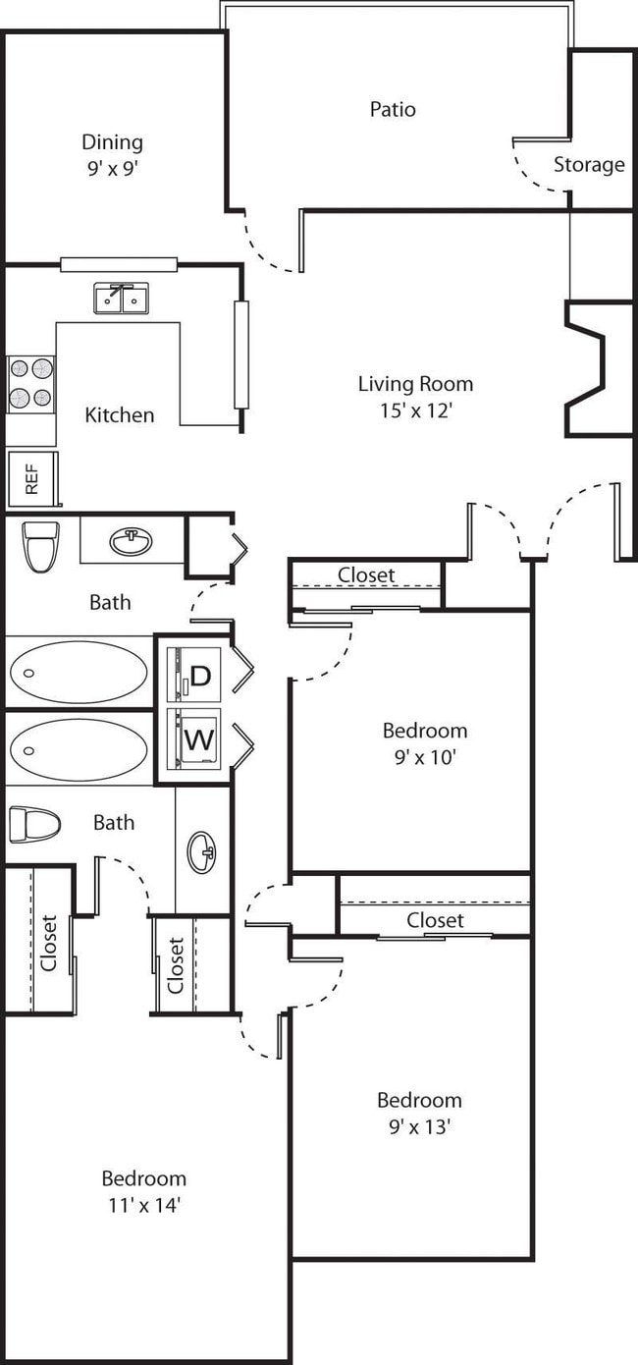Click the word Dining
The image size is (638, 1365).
click(112, 142)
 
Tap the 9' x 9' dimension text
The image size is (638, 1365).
click(112, 168)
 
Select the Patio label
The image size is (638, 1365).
click(393, 109)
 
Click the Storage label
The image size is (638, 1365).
click(589, 164)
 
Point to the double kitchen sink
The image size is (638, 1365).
click(122, 298)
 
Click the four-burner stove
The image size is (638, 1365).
click(30, 383)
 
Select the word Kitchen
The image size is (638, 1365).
click(119, 414)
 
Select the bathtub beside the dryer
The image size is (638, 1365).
click(79, 673)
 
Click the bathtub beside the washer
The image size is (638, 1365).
click(79, 749)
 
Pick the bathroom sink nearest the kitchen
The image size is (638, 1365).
click(131, 541)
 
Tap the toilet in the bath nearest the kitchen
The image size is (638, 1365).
click(41, 546)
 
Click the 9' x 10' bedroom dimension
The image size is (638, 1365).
click(424, 757)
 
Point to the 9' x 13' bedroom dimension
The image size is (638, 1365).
click(419, 1126)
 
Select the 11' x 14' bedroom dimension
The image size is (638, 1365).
click(143, 1204)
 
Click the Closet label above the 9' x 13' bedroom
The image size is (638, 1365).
click(435, 920)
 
